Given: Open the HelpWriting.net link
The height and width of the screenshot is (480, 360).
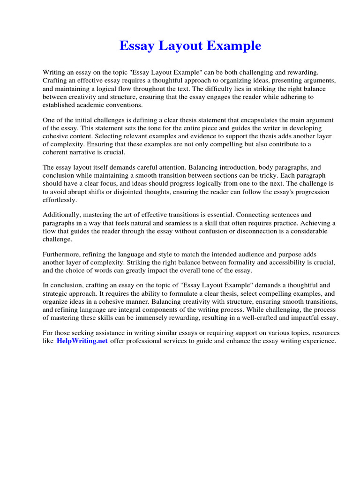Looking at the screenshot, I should pyautogui.click(x=82, y=341).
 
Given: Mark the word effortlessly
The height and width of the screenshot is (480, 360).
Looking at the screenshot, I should pyautogui.click(x=59, y=200).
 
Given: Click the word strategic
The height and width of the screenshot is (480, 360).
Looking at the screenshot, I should pyautogui.click(x=57, y=294).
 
